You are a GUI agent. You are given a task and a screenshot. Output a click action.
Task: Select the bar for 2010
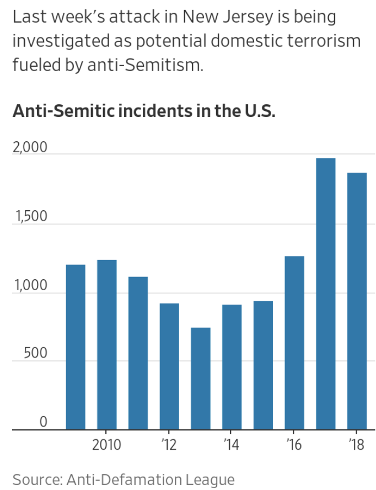point(107,344)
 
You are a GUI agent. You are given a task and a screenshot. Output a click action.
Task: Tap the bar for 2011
point(138,353)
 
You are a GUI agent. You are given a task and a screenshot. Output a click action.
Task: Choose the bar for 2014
point(232,366)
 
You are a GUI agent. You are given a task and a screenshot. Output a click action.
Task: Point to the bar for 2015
point(263,365)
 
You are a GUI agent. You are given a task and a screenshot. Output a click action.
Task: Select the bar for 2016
point(294,342)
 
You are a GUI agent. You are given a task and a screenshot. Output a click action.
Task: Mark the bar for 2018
point(357,301)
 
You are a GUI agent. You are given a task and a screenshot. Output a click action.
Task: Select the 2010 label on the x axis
point(106,445)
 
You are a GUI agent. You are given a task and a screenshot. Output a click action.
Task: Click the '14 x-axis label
point(232,445)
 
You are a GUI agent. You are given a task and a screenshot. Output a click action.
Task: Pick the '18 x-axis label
point(357,445)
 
